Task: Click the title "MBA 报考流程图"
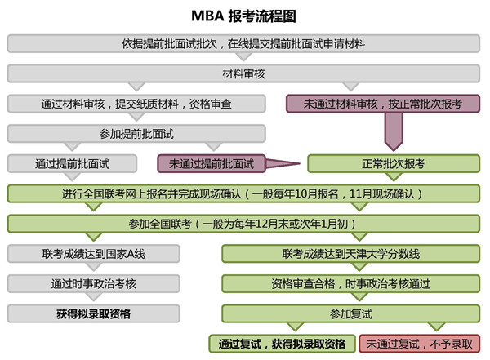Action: click(243, 16)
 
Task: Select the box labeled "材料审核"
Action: click(243, 73)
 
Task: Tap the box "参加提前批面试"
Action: click(136, 134)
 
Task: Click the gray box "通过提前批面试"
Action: click(72, 164)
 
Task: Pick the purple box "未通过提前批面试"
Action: click(212, 164)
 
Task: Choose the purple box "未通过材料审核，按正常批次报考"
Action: click(383, 104)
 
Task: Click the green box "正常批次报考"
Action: click(394, 164)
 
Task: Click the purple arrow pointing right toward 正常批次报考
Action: click(283, 163)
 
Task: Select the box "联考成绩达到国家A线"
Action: click(93, 254)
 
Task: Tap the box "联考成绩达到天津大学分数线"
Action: click(351, 254)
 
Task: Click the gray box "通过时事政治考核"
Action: click(93, 284)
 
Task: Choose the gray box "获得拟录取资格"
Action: click(93, 313)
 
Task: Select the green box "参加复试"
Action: click(351, 313)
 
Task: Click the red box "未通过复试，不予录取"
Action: click(420, 344)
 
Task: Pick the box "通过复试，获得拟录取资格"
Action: click(283, 344)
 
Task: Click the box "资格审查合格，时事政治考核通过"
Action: click(351, 284)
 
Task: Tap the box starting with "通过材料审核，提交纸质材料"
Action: click(136, 104)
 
